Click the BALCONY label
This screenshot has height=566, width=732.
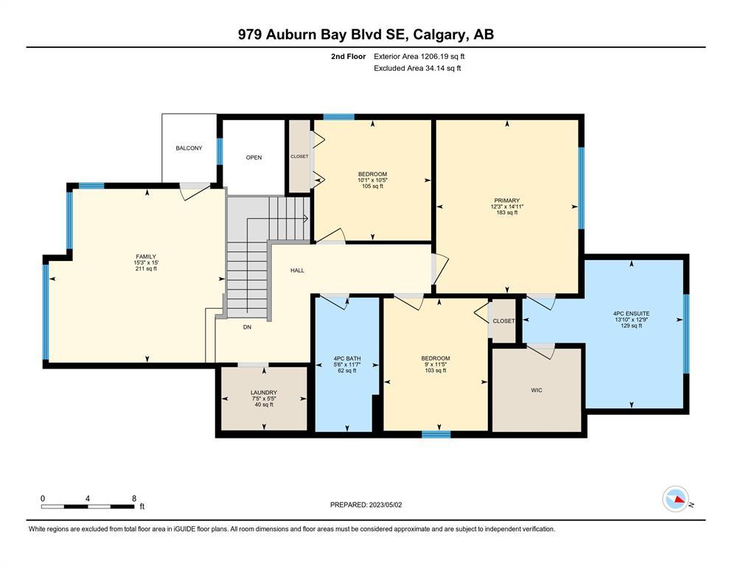tap(189, 148)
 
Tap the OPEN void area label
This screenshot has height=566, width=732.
tap(254, 157)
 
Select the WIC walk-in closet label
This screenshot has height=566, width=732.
tap(537, 390)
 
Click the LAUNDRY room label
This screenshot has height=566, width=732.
tap(264, 392)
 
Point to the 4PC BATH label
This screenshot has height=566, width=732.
tap(347, 358)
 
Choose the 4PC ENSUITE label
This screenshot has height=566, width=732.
tap(631, 313)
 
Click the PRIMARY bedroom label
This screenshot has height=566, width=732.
tap(507, 200)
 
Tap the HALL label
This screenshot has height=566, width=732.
tap(297, 270)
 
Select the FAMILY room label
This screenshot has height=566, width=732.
tap(146, 256)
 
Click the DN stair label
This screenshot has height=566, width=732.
tap(247, 327)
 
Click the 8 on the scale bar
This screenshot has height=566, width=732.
tap(134, 498)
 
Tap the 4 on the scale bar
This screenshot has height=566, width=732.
tap(88, 498)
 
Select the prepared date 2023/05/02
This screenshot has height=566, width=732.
tap(385, 505)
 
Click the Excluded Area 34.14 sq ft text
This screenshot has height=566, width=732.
tap(417, 68)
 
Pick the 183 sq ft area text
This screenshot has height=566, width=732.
tap(507, 213)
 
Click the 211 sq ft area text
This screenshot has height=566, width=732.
tap(146, 269)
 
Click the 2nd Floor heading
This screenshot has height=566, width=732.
tap(348, 57)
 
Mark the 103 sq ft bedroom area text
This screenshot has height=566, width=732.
tap(436, 371)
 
